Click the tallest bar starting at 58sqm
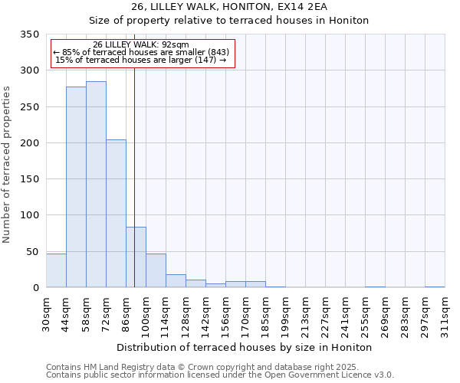pyautogui.click(x=96, y=184)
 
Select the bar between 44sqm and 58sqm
pyautogui.click(x=76, y=187)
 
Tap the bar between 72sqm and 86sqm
pyautogui.click(x=116, y=214)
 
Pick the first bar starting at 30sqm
pyautogui.click(x=56, y=270)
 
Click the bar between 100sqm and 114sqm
pyautogui.click(x=156, y=270)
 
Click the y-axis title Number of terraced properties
pyautogui.click(x=7, y=165)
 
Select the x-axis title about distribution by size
pyautogui.click(x=245, y=347)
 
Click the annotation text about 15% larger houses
pyautogui.click(x=141, y=60)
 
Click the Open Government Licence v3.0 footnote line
pyautogui.click(x=220, y=375)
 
